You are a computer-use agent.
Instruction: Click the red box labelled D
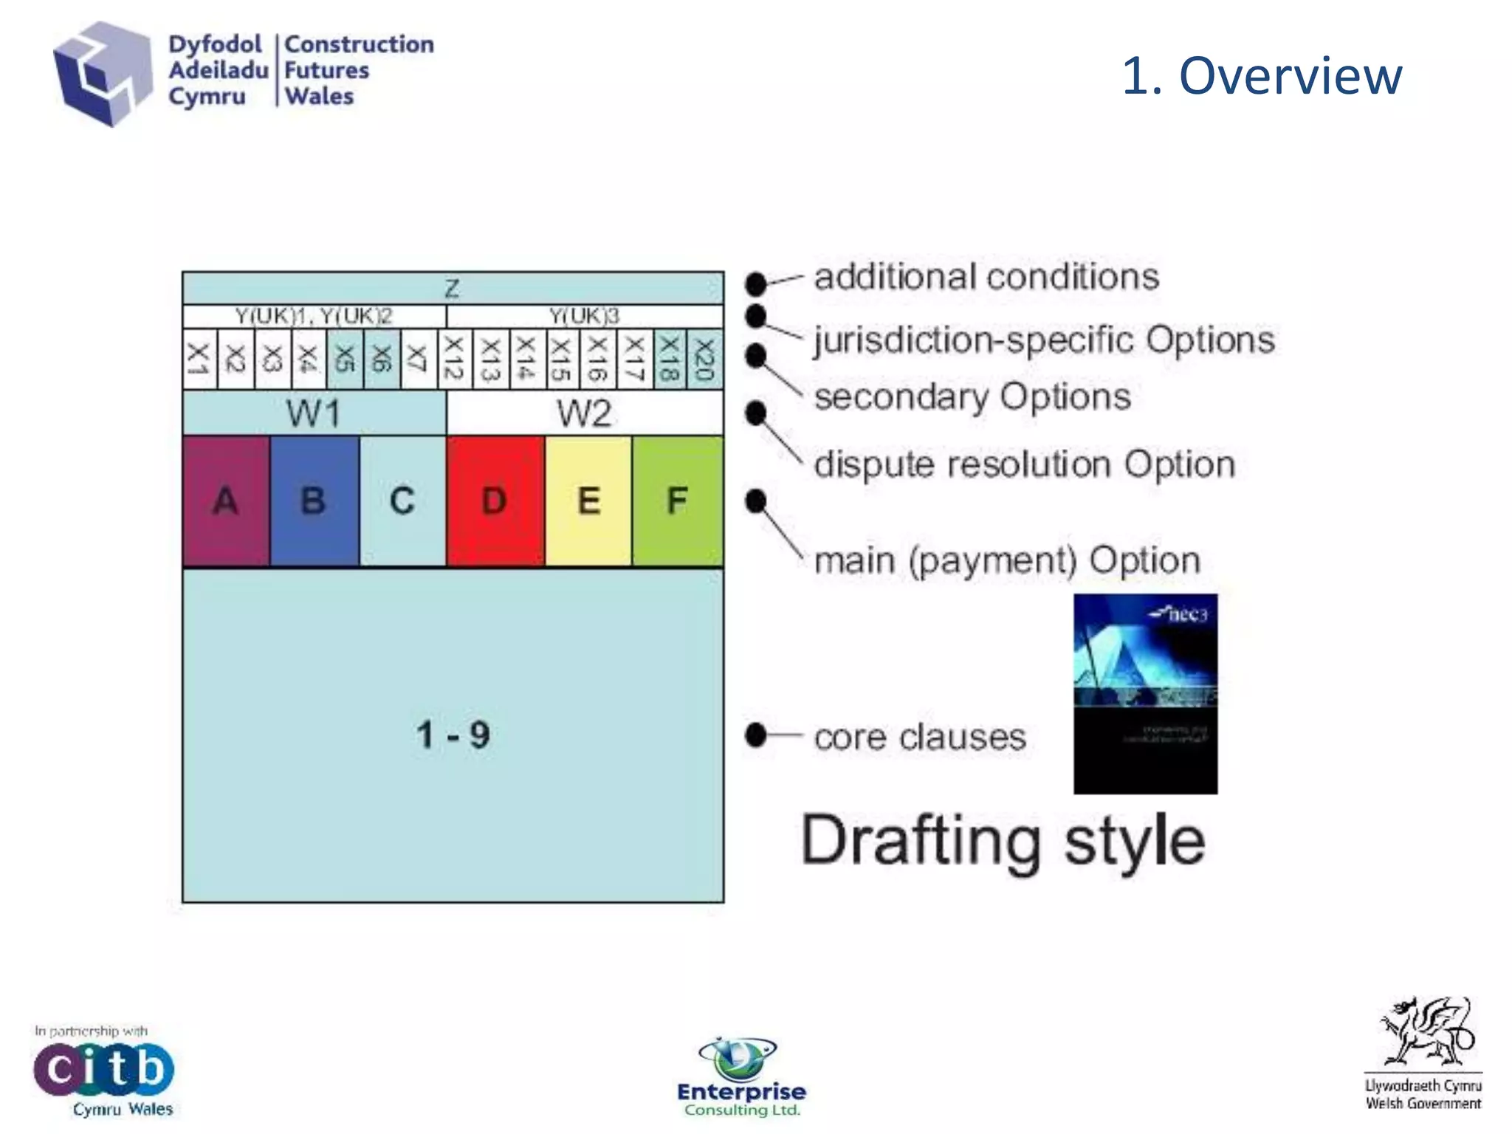pos(495,501)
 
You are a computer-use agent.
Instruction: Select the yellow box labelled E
pos(588,501)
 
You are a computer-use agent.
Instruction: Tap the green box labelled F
pos(678,501)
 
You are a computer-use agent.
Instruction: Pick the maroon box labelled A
pos(226,501)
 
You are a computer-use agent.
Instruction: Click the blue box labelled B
pos(315,501)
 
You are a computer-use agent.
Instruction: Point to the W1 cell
pos(314,413)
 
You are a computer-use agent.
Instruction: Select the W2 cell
pos(584,413)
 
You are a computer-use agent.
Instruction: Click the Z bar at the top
pos(453,288)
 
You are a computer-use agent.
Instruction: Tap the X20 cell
pos(705,360)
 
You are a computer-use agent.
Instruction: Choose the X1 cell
pos(199,360)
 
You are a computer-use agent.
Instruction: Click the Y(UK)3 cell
pos(584,316)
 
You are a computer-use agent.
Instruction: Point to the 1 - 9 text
pos(453,735)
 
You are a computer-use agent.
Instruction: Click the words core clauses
pos(920,737)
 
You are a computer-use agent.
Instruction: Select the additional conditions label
pos(986,277)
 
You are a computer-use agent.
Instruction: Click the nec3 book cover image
pos(1145,694)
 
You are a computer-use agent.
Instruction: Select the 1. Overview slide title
pos(1261,75)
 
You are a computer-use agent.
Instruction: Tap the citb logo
pos(103,1069)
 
